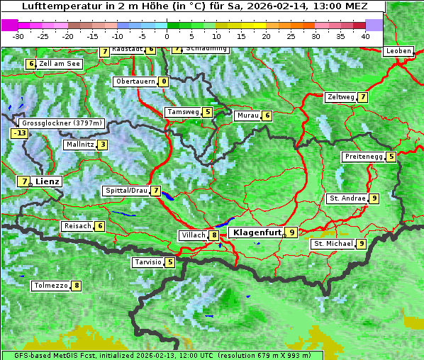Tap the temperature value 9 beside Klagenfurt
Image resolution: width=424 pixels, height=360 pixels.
[x=291, y=232]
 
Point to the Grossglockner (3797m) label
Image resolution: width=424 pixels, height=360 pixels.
[x=62, y=123]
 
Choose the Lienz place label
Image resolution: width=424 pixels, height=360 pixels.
[x=47, y=181]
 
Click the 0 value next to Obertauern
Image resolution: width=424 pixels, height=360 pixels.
[x=164, y=81]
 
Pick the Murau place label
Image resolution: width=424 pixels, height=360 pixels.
[x=247, y=116]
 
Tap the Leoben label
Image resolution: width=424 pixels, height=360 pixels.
[x=398, y=51]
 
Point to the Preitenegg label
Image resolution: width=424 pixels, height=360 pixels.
[x=364, y=157]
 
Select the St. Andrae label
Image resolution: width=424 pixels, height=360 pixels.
[x=347, y=198]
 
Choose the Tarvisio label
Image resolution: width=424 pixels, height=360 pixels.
[x=147, y=262]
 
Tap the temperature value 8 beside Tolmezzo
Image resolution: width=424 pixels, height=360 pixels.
[x=77, y=286]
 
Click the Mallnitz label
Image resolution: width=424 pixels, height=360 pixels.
[x=79, y=145]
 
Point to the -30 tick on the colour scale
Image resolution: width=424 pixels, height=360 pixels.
[x=18, y=35]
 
